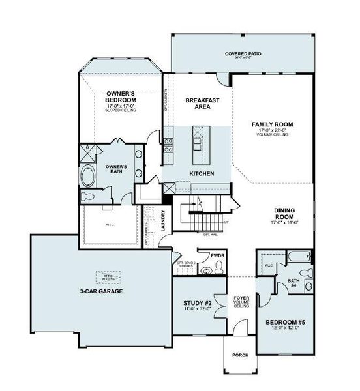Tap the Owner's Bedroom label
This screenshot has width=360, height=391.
pos(121,98)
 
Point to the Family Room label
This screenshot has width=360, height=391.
pos(273,124)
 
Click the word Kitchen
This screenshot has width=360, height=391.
pos(202,173)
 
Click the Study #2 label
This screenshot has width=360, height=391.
pos(196,303)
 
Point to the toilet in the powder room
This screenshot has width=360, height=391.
pos(207,270)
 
